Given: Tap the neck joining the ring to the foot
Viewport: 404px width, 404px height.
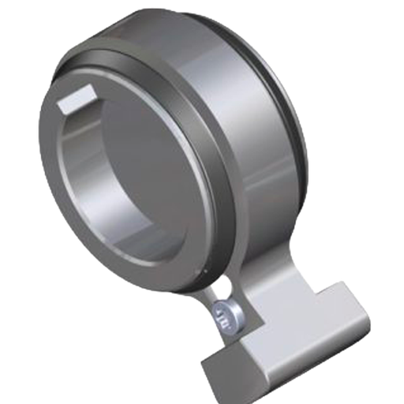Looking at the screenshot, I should pos(268,284).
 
